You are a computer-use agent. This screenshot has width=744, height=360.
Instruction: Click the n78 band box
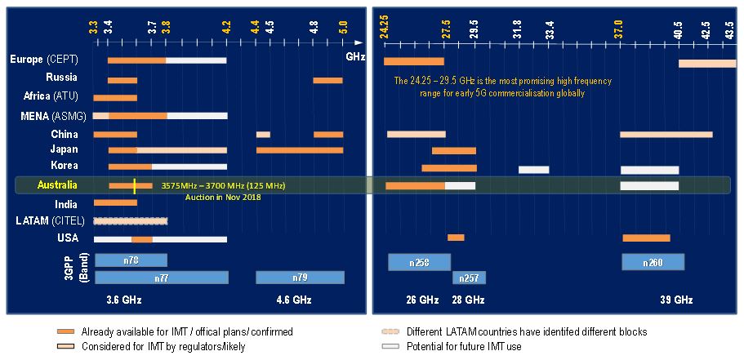point(131,260)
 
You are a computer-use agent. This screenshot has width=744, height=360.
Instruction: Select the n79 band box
point(300,278)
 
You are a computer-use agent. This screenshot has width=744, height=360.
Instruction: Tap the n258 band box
point(418,262)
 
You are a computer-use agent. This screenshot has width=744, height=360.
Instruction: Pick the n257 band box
point(469,278)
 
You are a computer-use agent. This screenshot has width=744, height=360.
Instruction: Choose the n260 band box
point(653,262)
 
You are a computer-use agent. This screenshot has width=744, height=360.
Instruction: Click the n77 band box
point(162,278)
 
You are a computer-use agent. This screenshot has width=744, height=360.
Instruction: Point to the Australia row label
point(58,185)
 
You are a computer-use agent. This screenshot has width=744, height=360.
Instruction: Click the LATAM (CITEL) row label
point(50,220)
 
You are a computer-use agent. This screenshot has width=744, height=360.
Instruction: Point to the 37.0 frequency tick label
point(620,29)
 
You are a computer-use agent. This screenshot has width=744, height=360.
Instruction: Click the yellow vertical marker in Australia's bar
point(135,186)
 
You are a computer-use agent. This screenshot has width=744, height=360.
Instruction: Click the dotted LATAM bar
point(131,221)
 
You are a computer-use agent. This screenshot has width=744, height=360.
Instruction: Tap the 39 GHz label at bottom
point(676,300)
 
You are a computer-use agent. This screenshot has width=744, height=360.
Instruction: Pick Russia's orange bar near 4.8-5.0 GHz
point(327,80)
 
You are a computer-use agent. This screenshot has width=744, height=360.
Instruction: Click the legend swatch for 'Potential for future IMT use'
point(389,347)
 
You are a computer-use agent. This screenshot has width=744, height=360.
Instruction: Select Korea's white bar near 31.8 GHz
point(533,169)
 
